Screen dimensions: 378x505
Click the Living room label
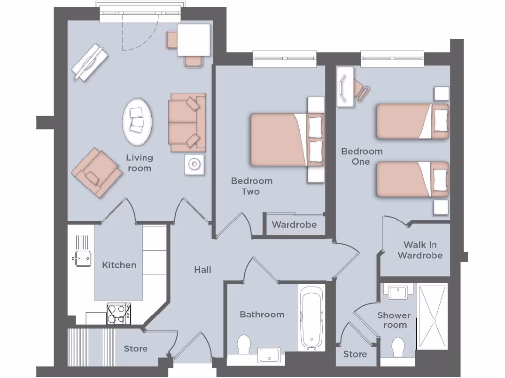[x=139, y=163]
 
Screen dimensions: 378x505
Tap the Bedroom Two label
[x=252, y=186]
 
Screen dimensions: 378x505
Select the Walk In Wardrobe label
[x=420, y=250]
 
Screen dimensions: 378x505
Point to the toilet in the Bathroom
[x=244, y=345]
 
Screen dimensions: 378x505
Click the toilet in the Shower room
[x=397, y=347]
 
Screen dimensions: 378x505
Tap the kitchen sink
[x=82, y=258]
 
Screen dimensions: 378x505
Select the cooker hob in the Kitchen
[x=118, y=314]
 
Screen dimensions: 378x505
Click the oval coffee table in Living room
[x=137, y=122]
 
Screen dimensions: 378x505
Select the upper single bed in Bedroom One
[x=412, y=122]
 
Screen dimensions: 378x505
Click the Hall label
[x=202, y=270]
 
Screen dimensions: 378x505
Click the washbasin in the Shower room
[x=397, y=292]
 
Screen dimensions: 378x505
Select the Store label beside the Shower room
[x=355, y=354]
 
